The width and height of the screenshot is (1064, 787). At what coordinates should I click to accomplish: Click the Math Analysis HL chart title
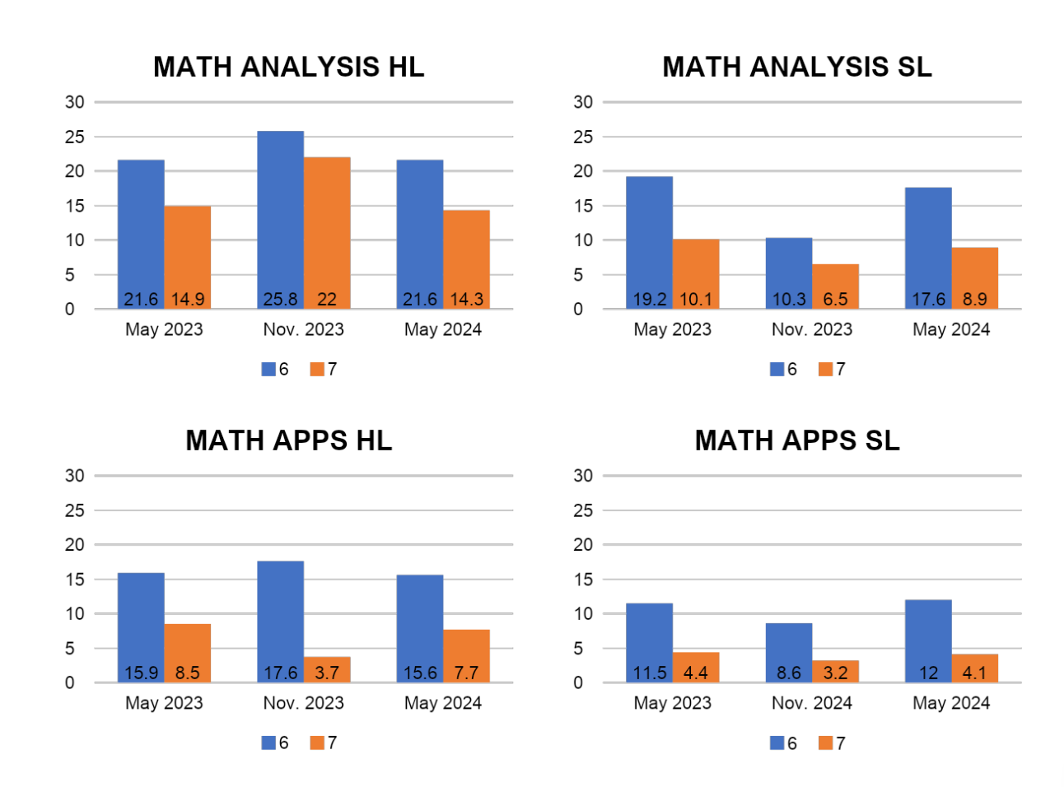pyautogui.click(x=288, y=67)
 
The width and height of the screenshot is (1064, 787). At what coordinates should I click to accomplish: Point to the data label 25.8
pyautogui.click(x=280, y=300)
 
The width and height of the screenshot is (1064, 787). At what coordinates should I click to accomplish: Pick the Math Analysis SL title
pyautogui.click(x=796, y=67)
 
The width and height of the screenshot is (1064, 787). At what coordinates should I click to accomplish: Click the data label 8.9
pyautogui.click(x=974, y=300)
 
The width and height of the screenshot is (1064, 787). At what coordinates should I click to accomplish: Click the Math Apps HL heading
pyautogui.click(x=288, y=440)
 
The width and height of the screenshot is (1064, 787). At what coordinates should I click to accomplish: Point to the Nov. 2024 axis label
pyautogui.click(x=811, y=703)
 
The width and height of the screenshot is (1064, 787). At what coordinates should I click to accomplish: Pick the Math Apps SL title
pyautogui.click(x=796, y=440)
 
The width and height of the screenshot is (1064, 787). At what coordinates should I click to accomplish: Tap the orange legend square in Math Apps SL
pyautogui.click(x=825, y=743)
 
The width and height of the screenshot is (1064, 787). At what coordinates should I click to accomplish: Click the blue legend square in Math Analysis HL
pyautogui.click(x=268, y=370)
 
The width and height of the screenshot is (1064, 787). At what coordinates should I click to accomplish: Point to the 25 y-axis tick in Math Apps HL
pyautogui.click(x=75, y=510)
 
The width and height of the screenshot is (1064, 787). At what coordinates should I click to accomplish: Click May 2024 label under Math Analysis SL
pyautogui.click(x=951, y=329)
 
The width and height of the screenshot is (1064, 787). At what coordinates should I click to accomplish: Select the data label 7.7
pyautogui.click(x=466, y=673)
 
